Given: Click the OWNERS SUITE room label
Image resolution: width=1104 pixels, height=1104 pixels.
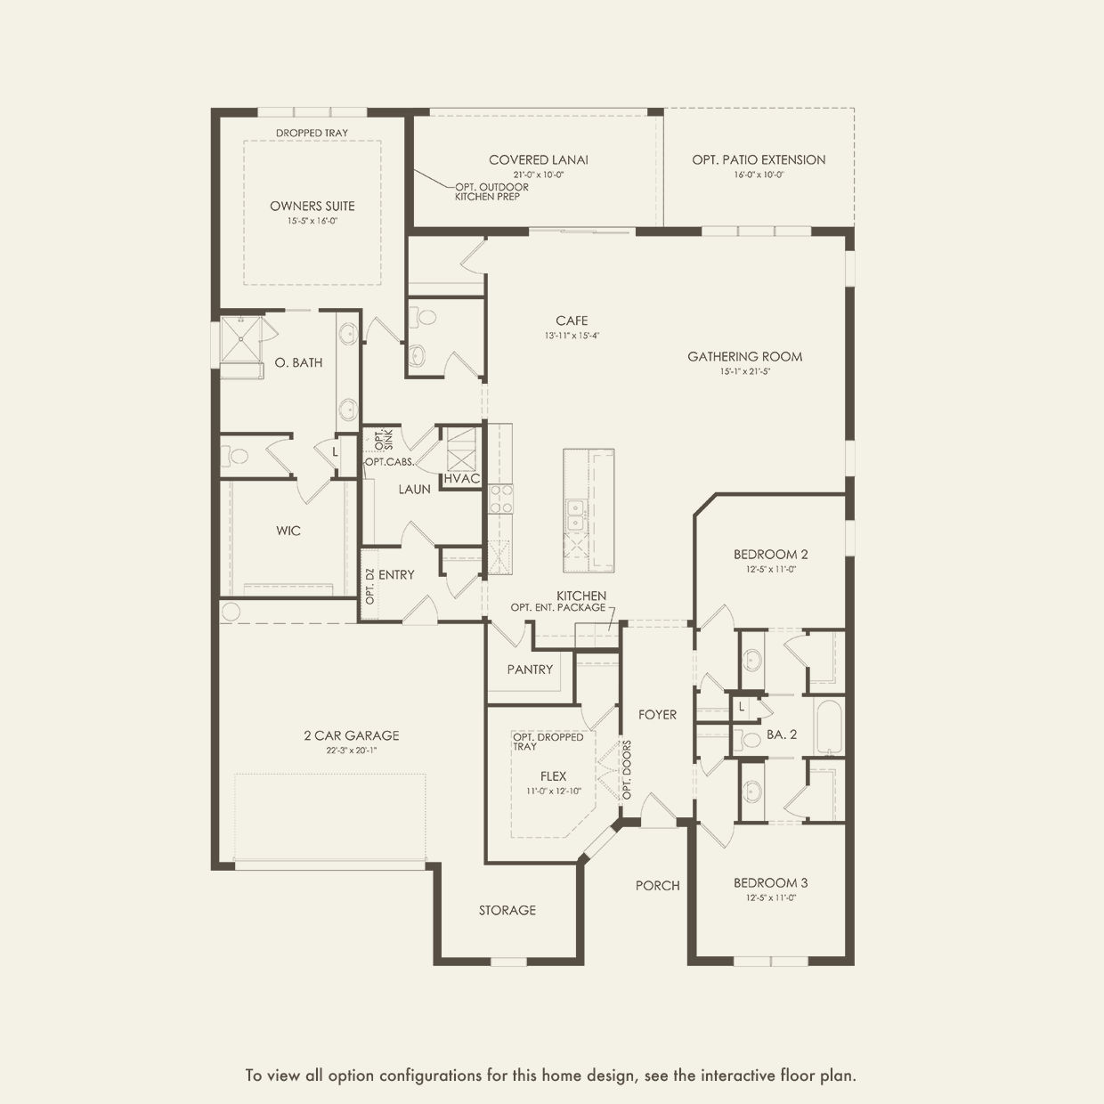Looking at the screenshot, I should (313, 206).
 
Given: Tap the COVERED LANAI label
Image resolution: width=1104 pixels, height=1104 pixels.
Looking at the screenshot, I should (538, 160).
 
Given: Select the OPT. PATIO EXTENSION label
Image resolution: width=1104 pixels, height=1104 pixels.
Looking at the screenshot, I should (759, 160).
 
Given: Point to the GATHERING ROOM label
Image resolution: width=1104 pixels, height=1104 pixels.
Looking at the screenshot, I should (744, 357).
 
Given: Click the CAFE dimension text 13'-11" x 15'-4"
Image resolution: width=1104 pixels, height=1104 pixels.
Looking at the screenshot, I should (572, 336).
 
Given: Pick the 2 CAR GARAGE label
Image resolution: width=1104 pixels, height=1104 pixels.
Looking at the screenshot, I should (351, 735).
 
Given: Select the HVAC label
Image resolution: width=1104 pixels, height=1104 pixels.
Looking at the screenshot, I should (462, 478).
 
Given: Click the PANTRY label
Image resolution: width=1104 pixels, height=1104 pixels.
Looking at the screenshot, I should (530, 670).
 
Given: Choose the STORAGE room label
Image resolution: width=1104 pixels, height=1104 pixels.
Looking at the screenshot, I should (507, 910).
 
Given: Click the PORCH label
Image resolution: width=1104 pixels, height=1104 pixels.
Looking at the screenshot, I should (657, 885).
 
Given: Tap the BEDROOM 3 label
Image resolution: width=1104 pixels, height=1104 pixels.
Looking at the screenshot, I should (770, 883).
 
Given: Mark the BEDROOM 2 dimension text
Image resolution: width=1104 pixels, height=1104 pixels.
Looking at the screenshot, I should (771, 569).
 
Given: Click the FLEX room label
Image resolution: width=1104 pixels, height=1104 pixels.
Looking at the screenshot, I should (553, 776).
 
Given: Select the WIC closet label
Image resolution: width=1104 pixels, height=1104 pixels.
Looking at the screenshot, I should (288, 531).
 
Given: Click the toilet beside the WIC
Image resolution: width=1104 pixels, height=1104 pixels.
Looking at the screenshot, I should (238, 457).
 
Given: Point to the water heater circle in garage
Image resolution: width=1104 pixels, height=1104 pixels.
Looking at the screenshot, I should (231, 612).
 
